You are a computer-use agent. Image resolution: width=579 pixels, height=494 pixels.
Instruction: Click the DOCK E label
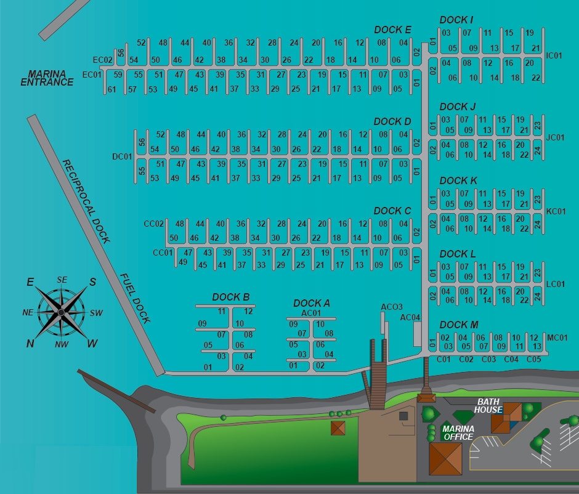(x=392, y=30)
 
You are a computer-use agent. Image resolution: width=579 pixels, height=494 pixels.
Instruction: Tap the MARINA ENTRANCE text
(x=47, y=78)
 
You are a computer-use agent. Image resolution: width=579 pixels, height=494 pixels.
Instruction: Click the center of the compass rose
(x=61, y=312)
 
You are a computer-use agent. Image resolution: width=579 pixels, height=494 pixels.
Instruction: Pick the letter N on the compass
(x=30, y=343)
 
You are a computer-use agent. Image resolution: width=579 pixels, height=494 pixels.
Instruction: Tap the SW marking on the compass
(x=96, y=313)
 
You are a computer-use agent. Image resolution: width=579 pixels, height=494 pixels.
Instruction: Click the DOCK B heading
(x=230, y=298)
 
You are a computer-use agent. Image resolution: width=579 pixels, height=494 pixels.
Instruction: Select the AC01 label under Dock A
(x=312, y=313)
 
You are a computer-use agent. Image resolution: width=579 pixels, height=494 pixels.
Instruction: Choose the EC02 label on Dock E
(x=102, y=60)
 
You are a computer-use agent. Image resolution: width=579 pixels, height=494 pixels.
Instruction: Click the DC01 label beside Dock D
(x=122, y=156)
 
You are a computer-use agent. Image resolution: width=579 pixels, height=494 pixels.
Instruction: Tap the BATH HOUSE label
(x=488, y=405)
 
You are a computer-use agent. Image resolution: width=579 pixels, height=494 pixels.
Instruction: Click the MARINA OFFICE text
(x=458, y=432)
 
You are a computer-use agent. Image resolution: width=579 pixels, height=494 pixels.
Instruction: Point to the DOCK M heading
(x=458, y=325)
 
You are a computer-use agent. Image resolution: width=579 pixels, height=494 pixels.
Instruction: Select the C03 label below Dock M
(x=488, y=359)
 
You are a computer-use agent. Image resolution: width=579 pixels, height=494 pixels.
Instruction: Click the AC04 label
(x=410, y=317)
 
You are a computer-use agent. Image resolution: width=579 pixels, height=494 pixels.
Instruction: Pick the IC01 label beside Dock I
(x=554, y=55)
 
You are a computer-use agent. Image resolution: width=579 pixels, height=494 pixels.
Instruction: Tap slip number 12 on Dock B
(x=248, y=311)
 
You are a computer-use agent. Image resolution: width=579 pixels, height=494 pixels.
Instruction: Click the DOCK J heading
(x=458, y=107)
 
